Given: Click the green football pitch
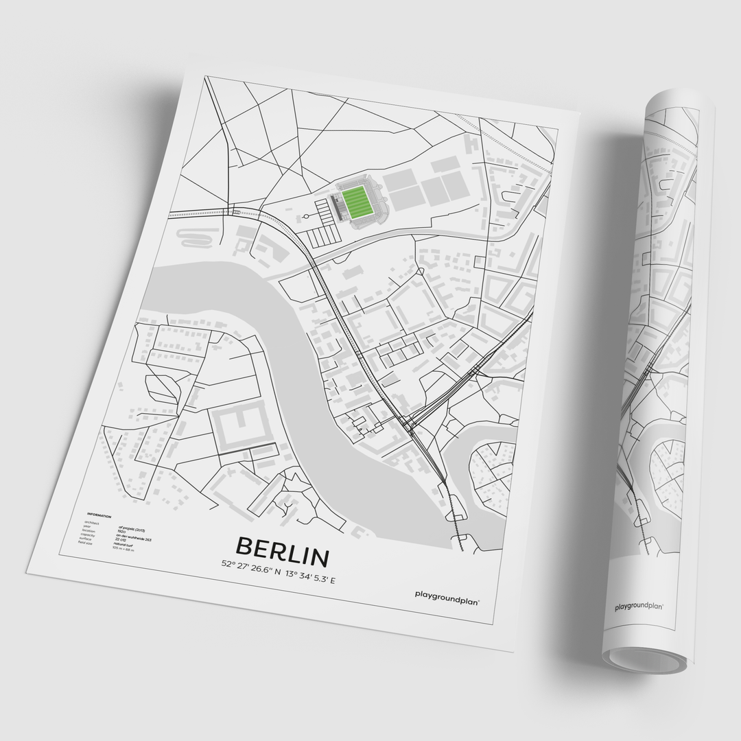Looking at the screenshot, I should (357, 202).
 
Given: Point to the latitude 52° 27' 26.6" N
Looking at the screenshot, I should (251, 565).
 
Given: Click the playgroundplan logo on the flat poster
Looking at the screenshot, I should (447, 596).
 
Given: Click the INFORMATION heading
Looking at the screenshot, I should (99, 515).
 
